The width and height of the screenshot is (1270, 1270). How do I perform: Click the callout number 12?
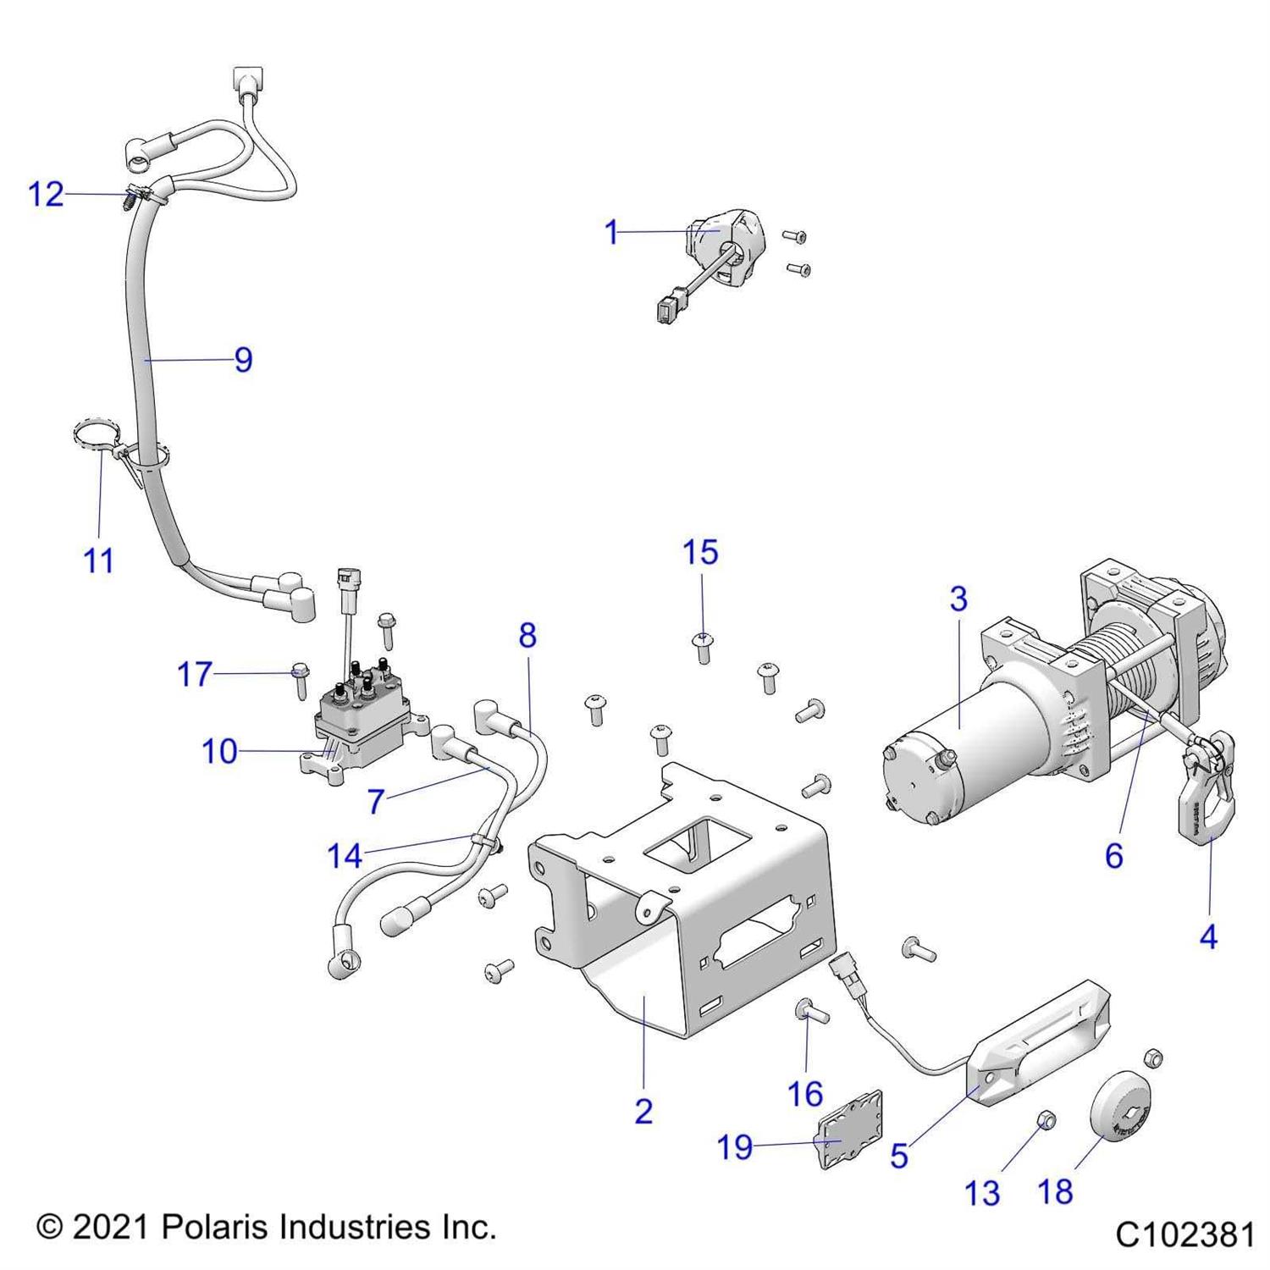46,195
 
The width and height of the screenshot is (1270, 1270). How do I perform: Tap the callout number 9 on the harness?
243,360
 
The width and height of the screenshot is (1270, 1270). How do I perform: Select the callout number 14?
345,856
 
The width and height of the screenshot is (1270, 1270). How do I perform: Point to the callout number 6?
1114,856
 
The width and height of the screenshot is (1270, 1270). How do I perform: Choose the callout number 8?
527,635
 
